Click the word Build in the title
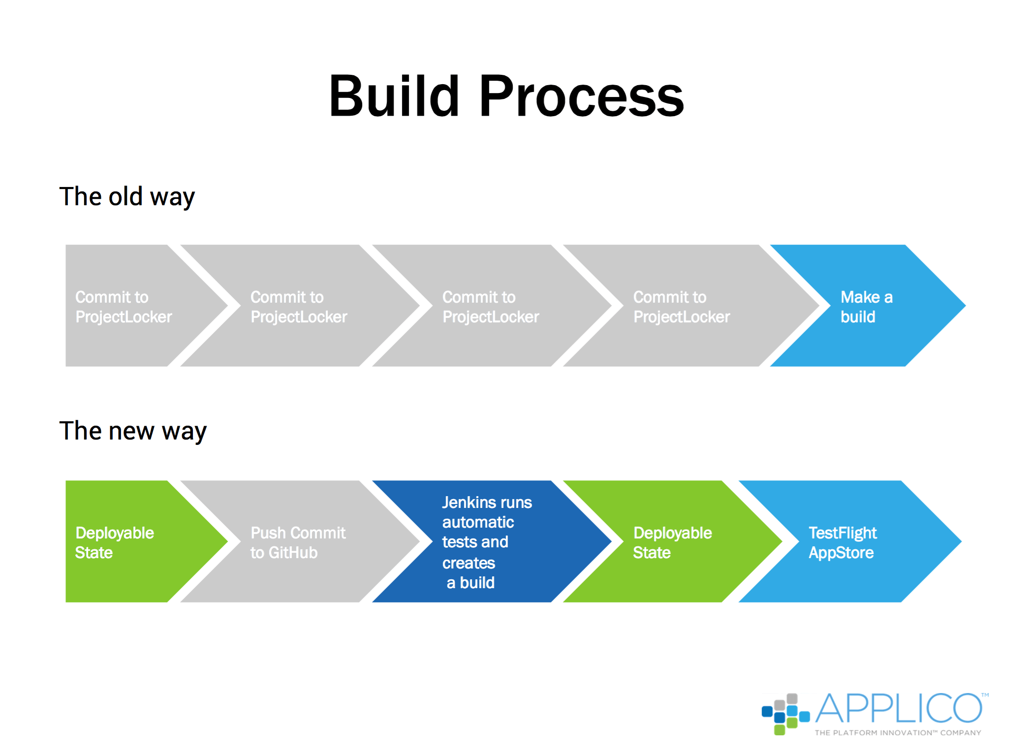(x=394, y=95)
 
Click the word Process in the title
(x=581, y=95)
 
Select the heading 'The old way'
(x=127, y=197)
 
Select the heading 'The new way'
(x=133, y=431)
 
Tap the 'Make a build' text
(x=866, y=307)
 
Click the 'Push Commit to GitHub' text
(x=298, y=542)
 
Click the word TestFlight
(x=843, y=533)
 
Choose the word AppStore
(x=841, y=553)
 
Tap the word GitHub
(x=293, y=553)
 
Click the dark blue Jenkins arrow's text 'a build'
(x=471, y=583)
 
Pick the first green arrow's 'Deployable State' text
(x=114, y=542)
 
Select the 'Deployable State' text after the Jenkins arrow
(x=672, y=542)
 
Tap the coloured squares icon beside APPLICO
(x=786, y=714)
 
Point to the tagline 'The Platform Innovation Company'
(x=898, y=733)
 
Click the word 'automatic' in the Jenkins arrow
(x=478, y=522)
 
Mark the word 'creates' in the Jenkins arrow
(x=469, y=563)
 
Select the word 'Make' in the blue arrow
(x=860, y=297)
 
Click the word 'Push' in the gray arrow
(x=268, y=533)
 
